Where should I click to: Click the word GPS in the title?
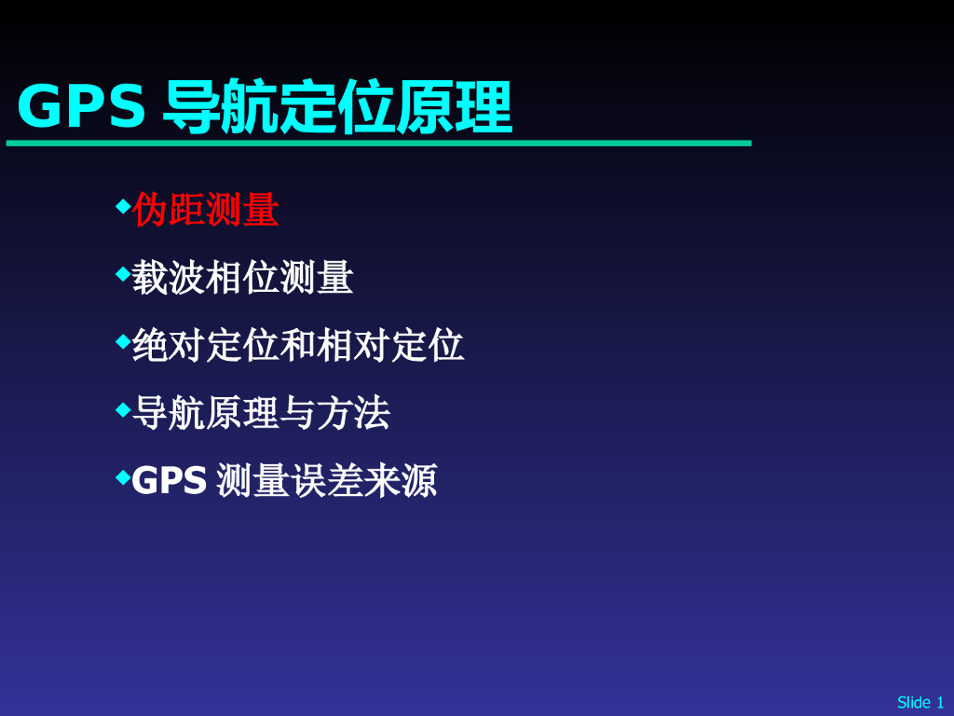[x=82, y=107]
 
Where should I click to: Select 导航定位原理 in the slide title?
[x=337, y=107]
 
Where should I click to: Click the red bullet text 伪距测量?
[x=206, y=211]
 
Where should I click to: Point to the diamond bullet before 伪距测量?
[x=122, y=206]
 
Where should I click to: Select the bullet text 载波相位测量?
[x=242, y=278]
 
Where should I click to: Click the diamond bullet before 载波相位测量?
[x=122, y=274]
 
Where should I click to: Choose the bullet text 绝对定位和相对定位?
[x=298, y=346]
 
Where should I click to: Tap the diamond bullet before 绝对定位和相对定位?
[x=122, y=342]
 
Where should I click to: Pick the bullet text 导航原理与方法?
[x=261, y=413]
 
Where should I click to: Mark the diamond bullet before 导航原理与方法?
[x=122, y=409]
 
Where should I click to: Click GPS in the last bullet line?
[x=169, y=481]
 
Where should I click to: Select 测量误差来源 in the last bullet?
[x=326, y=481]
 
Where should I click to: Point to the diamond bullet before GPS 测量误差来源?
[x=122, y=477]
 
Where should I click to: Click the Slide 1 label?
[x=920, y=702]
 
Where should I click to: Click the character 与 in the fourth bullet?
[x=298, y=413]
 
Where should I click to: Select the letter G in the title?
[x=38, y=107]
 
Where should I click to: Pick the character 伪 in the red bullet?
[x=150, y=211]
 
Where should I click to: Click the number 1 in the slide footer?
[x=940, y=702]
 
